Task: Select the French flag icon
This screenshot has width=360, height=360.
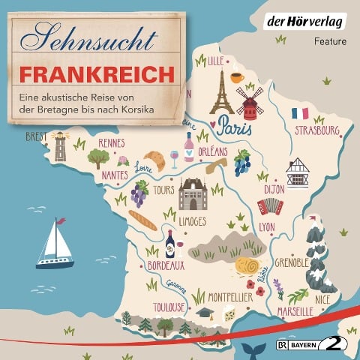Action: tap(300, 114)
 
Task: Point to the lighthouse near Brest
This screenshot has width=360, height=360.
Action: tap(59, 147)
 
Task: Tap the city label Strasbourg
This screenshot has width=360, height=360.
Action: tap(317, 132)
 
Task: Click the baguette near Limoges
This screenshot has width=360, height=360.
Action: tap(142, 219)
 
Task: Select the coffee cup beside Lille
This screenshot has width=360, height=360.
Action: tap(237, 77)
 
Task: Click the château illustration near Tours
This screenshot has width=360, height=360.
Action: tap(193, 194)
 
